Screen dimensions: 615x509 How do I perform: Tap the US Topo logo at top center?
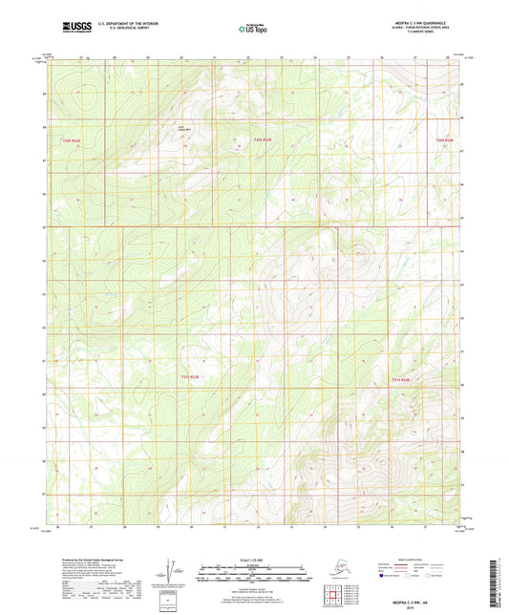click(x=253, y=30)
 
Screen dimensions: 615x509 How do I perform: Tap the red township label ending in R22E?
click(x=72, y=141)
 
